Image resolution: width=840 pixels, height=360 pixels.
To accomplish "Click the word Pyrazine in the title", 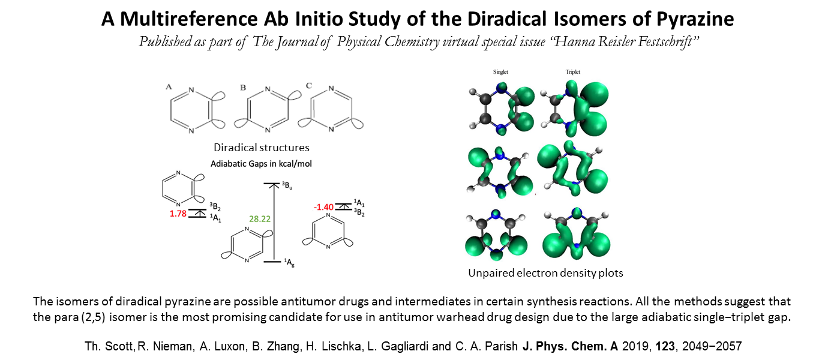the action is coord(695,19).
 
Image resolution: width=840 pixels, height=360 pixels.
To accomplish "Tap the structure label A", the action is coord(169,87).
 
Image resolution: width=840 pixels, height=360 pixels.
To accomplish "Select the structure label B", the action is coord(243,88).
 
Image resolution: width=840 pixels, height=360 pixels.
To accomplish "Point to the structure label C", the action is coord(308,86).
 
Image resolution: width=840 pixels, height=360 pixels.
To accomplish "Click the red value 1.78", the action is coord(178,214).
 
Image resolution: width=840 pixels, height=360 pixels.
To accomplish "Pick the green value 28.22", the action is coord(259,219).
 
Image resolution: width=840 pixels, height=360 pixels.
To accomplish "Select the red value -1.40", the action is coord(323,208).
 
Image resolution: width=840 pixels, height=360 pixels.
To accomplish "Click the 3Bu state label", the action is coord(287,185).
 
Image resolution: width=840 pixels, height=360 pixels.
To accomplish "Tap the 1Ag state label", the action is coord(289,263).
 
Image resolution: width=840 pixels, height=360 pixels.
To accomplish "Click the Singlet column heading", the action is coord(500,72).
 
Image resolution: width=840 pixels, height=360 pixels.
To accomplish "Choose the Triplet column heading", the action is coord(573,72).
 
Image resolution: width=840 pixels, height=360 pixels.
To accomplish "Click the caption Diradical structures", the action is coord(262,148).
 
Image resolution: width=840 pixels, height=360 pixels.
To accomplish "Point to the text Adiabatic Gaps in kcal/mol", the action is coord(261,164).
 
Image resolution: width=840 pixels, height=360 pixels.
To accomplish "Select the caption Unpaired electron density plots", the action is coord(545,273).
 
